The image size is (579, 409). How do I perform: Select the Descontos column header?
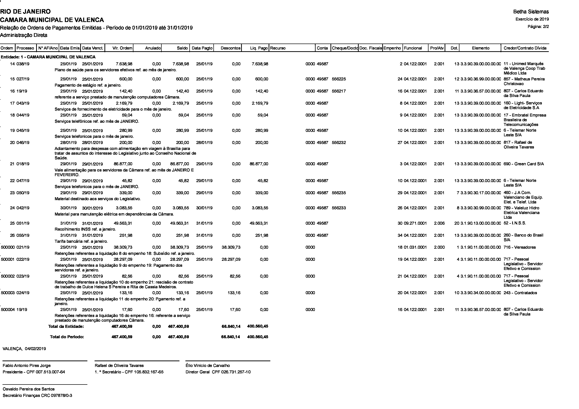point(230,48)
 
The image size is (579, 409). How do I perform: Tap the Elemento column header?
point(481,48)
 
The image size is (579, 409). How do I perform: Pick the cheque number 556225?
point(339,79)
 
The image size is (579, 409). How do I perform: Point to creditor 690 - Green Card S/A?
point(524,164)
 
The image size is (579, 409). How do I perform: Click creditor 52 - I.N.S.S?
point(515,223)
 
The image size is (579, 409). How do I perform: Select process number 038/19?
point(23,64)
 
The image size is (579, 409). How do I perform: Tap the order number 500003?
point(8,293)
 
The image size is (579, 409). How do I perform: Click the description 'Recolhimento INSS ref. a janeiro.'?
point(85,229)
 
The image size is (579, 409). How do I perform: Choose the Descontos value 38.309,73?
point(231,247)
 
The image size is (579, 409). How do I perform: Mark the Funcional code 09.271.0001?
point(415,223)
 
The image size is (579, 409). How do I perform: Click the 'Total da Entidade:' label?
point(66,326)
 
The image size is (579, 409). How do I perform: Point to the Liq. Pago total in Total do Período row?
point(257,337)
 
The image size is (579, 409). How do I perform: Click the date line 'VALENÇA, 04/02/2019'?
point(24,349)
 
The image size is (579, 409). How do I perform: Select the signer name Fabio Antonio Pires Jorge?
point(26,365)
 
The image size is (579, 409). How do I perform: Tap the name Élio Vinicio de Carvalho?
point(207,365)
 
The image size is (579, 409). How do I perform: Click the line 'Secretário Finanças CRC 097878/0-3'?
point(37,395)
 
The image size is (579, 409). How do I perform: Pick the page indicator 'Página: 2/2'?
point(538,26)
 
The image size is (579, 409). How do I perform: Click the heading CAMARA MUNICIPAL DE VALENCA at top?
point(52,20)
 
